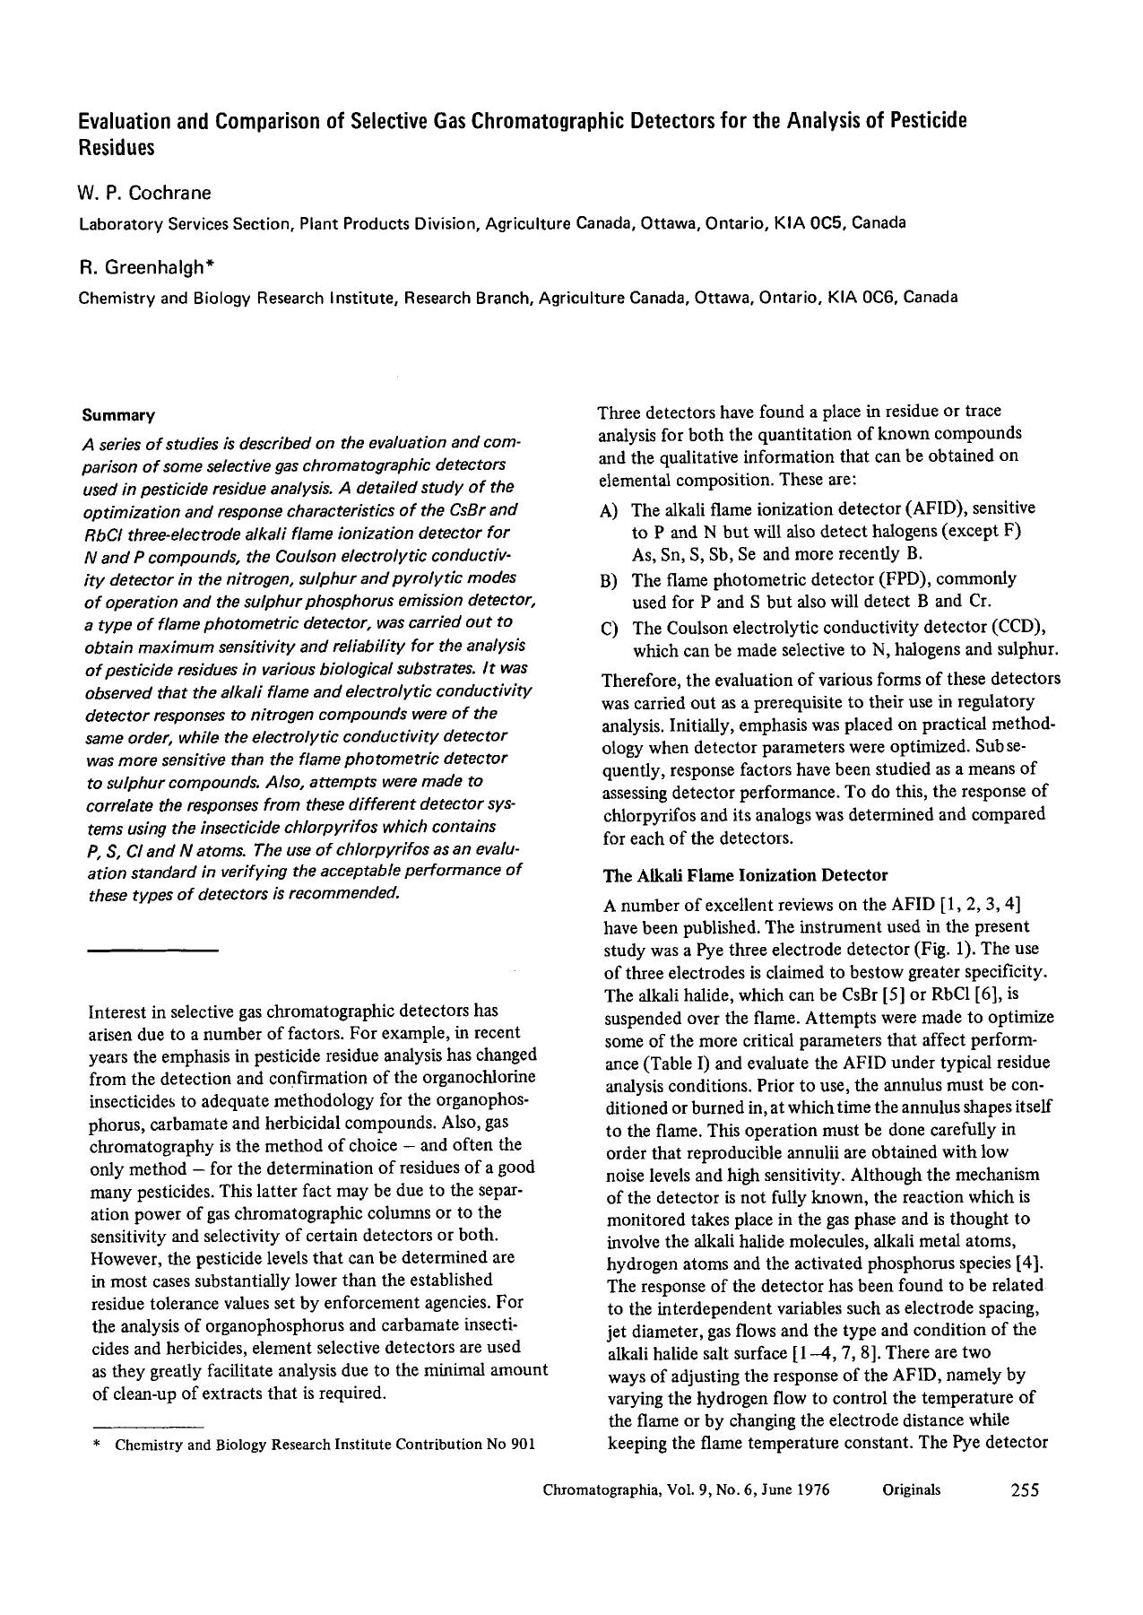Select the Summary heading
point(118,415)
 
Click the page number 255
point(1024,1489)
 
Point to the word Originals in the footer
point(911,1489)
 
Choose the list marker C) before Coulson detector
point(610,630)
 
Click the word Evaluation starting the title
point(131,121)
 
